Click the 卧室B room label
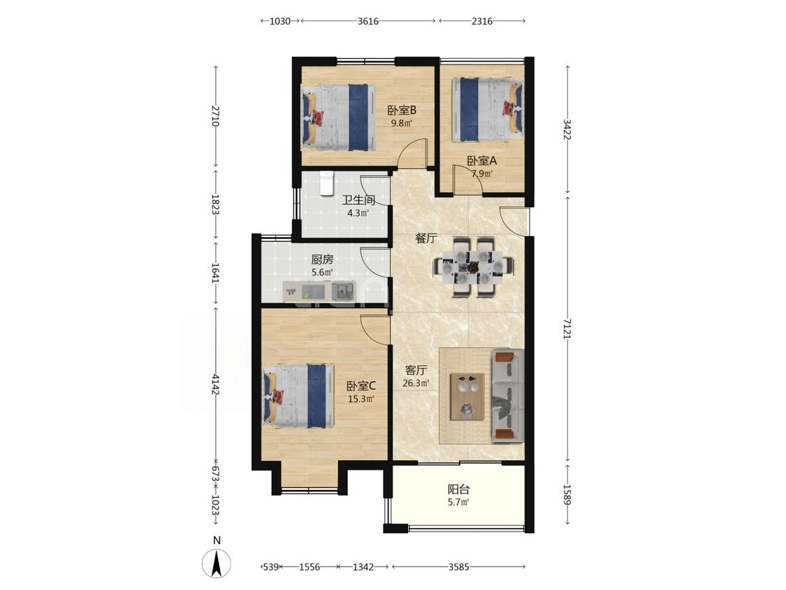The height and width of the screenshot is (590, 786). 402,110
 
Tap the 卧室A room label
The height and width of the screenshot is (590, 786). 481,161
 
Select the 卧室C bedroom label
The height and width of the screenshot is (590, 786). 361,386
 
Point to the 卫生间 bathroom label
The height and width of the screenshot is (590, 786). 358,200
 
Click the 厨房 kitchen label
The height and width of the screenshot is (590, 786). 322,259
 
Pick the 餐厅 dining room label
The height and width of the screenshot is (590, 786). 425,238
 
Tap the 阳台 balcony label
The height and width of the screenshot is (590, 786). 458,489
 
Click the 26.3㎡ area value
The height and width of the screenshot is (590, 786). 416,384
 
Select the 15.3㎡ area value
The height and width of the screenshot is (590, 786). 361,399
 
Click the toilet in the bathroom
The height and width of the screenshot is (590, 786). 327,184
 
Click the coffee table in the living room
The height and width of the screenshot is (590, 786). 467,396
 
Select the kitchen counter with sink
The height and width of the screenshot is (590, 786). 319,291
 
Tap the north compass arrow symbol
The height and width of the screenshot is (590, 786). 217,563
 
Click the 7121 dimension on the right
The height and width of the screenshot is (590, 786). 567,329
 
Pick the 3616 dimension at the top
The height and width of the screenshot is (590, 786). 368,21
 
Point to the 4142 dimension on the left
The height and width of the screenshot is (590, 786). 216,384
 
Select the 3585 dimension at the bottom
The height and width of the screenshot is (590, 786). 458,567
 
